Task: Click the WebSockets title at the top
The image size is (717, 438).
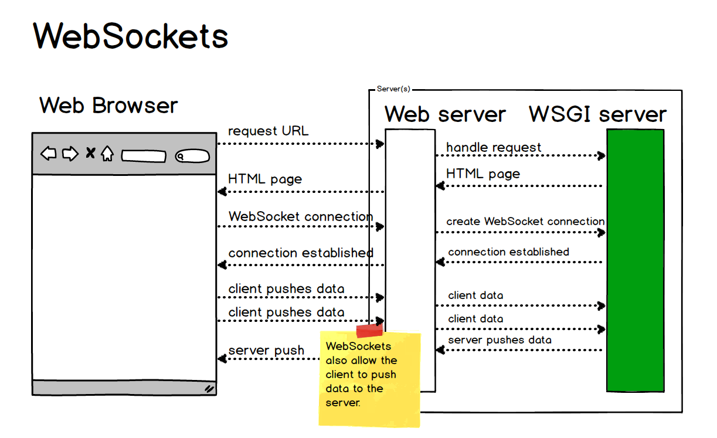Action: [130, 36]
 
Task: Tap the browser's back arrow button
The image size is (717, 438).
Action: [49, 154]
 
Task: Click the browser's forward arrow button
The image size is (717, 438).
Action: [70, 154]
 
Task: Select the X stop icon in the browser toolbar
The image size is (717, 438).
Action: [90, 154]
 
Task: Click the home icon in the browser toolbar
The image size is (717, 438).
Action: [107, 154]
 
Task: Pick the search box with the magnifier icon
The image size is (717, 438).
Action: [192, 157]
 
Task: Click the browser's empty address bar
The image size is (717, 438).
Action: [144, 157]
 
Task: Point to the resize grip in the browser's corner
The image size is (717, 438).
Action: [209, 388]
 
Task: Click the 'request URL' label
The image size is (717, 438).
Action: [268, 131]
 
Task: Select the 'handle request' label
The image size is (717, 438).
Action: [494, 148]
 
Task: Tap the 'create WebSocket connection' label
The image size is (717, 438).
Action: [525, 222]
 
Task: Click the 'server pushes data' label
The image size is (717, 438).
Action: [499, 340]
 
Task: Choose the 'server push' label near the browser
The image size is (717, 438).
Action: [266, 351]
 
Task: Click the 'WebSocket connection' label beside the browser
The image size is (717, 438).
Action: [300, 216]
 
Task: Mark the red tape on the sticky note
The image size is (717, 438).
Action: [369, 331]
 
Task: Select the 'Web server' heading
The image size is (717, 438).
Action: [445, 114]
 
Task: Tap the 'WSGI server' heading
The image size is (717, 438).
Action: [597, 114]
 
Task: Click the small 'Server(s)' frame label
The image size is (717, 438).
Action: [393, 89]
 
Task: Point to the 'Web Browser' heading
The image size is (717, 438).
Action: [108, 106]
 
